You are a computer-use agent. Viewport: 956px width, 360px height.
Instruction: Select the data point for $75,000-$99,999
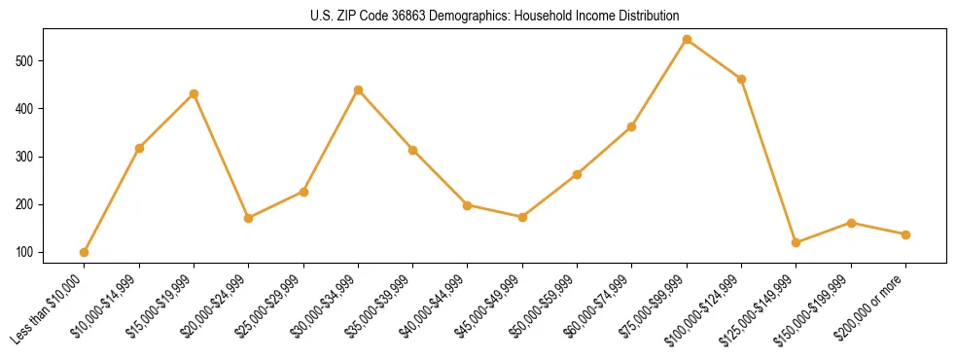(687, 40)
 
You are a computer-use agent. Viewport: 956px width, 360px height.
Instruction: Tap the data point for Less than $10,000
(85, 252)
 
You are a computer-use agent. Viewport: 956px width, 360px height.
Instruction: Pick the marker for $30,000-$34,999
(358, 90)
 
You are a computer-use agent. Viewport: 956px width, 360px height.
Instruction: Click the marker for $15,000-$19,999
(194, 93)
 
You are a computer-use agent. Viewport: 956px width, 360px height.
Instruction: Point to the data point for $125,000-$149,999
(797, 242)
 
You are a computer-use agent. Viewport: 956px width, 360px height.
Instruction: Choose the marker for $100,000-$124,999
(742, 79)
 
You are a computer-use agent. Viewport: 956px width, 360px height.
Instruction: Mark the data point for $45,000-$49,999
(522, 217)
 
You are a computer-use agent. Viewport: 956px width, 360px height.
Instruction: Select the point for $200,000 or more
(905, 234)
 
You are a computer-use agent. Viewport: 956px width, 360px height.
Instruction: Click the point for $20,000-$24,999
(249, 218)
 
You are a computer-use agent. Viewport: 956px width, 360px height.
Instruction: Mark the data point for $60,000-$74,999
(632, 126)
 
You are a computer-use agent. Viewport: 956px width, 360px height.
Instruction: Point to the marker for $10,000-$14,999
(139, 148)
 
